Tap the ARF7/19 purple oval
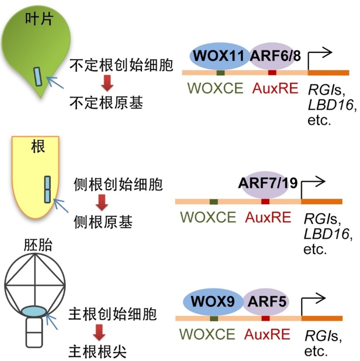pyautogui.click(x=269, y=184)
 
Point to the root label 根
pyautogui.click(x=38, y=147)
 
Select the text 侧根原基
pyautogui.click(x=103, y=222)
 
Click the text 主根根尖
pyautogui.click(x=97, y=350)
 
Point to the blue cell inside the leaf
pyautogui.click(x=39, y=76)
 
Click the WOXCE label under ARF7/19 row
pyautogui.click(x=208, y=217)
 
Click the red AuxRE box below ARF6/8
pyautogui.click(x=272, y=72)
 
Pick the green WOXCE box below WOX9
pyautogui.click(x=214, y=318)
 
